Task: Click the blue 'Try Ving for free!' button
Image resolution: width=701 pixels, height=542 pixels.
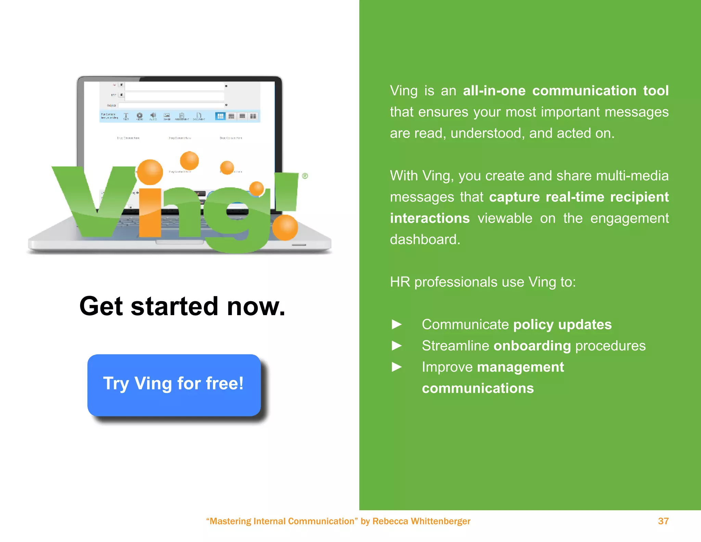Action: coord(174,385)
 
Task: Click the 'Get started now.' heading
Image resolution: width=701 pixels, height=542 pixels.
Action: coord(182,306)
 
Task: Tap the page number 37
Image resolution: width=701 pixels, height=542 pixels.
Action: coord(663,521)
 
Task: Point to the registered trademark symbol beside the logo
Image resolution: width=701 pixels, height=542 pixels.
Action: coord(305,176)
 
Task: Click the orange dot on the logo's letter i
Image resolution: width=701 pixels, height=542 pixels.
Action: coord(150,172)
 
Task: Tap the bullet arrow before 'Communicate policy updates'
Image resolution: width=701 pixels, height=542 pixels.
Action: coord(397,324)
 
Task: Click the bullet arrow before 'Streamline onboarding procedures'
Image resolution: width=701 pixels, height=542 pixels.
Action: coord(397,345)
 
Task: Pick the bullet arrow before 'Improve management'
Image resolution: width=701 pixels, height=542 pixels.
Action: coord(397,367)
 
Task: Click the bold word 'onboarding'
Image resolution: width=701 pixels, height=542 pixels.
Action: coord(532,346)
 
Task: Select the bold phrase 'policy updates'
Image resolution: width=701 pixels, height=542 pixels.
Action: coord(562,324)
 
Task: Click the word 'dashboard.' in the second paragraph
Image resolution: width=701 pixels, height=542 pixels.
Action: coord(425,239)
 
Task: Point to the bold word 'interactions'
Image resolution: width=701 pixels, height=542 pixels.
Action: coord(430,218)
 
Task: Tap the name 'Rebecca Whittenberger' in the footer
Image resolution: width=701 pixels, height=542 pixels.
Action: coord(421,521)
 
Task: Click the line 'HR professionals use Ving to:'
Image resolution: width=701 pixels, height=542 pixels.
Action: coord(483,282)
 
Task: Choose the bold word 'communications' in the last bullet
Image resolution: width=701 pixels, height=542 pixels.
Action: coord(478,388)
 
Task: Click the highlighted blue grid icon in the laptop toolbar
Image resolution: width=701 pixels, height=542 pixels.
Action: coord(220,116)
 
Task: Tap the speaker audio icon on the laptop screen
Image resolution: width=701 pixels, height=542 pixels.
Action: coord(153,116)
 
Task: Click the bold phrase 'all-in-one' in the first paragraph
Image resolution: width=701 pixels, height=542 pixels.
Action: coord(494,91)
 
